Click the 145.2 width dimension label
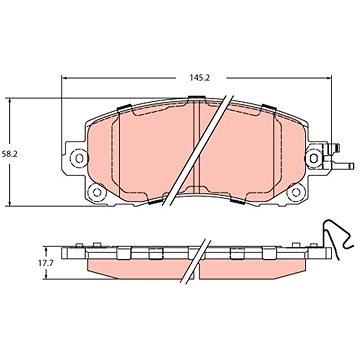click(199, 78)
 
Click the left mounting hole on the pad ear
click(79, 158)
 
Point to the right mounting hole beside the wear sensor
click(314, 158)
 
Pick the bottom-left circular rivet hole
click(97, 192)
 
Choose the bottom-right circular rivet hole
click(296, 192)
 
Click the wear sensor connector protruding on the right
click(337, 157)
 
